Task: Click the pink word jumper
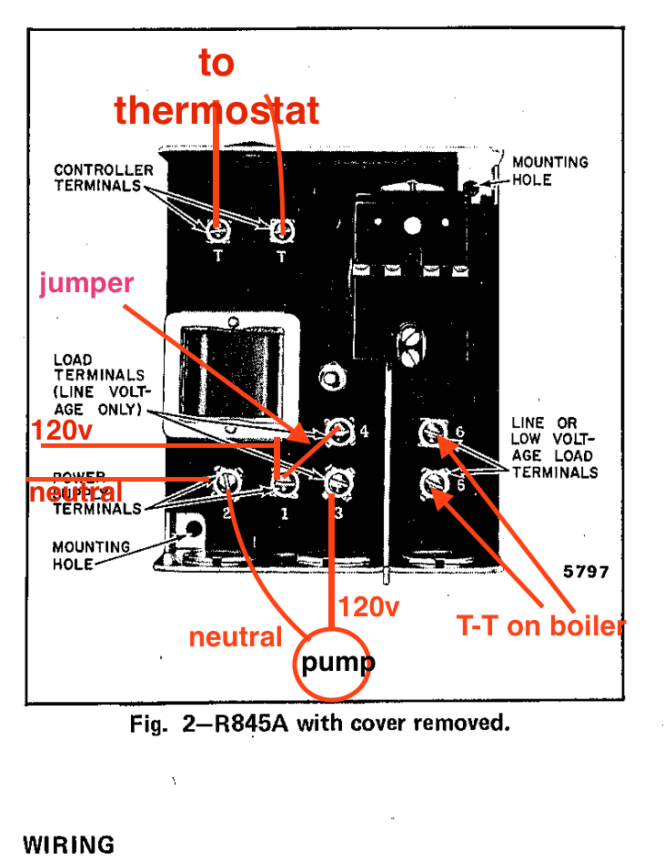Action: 86,283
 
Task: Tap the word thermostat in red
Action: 216,110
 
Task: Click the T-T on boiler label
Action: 540,626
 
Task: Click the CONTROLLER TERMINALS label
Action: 104,178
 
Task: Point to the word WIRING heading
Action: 69,844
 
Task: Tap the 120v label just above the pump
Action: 368,606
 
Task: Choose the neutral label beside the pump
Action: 236,637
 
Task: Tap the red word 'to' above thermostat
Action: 216,63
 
